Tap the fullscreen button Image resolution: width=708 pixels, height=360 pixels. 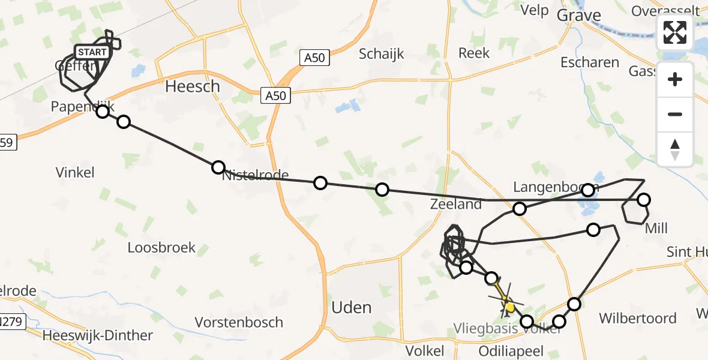[x=675, y=32]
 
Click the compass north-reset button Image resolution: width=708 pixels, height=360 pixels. [x=675, y=149]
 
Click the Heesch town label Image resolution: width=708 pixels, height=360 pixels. [x=193, y=86]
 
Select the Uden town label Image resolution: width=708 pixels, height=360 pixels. [x=352, y=308]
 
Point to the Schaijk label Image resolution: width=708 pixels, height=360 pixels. [x=382, y=54]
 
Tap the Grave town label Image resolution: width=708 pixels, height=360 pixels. [x=579, y=15]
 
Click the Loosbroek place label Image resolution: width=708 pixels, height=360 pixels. [x=161, y=247]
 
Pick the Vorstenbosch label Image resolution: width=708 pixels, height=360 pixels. [x=239, y=322]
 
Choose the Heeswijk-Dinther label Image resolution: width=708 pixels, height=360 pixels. [x=97, y=335]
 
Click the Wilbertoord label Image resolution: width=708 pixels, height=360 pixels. [x=638, y=318]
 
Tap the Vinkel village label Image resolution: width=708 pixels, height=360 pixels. [x=75, y=173]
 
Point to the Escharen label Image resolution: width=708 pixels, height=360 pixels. [x=589, y=62]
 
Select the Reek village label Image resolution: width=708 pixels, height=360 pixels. [x=474, y=53]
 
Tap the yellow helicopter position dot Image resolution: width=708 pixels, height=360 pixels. [x=509, y=308]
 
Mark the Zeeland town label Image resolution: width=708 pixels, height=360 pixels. [x=456, y=204]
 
